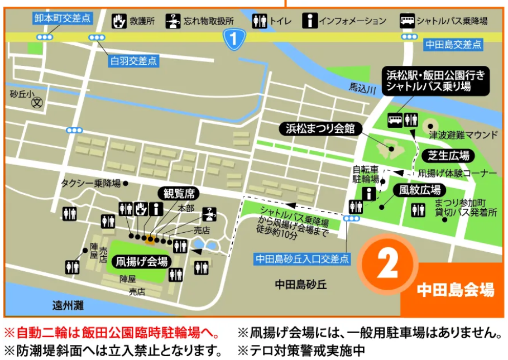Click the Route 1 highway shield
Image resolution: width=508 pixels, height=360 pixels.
pyautogui.click(x=234, y=39)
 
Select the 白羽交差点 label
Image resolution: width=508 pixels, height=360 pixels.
pyautogui.click(x=133, y=60)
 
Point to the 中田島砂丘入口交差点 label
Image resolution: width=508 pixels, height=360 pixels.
pyautogui.click(x=301, y=259)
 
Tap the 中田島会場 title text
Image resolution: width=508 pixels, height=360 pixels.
pyautogui.click(x=455, y=290)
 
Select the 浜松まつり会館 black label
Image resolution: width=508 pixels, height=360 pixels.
pyautogui.click(x=320, y=129)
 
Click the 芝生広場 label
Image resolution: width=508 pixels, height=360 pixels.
pyautogui.click(x=448, y=155)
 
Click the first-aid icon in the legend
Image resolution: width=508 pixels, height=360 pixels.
pyautogui.click(x=118, y=21)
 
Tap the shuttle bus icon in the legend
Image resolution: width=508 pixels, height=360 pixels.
pyautogui.click(x=407, y=21)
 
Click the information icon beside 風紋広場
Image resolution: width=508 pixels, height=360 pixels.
pyautogui.click(x=369, y=194)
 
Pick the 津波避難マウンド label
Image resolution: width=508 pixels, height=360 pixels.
pyautogui.click(x=462, y=135)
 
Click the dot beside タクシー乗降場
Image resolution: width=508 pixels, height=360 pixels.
pyautogui.click(x=126, y=183)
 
